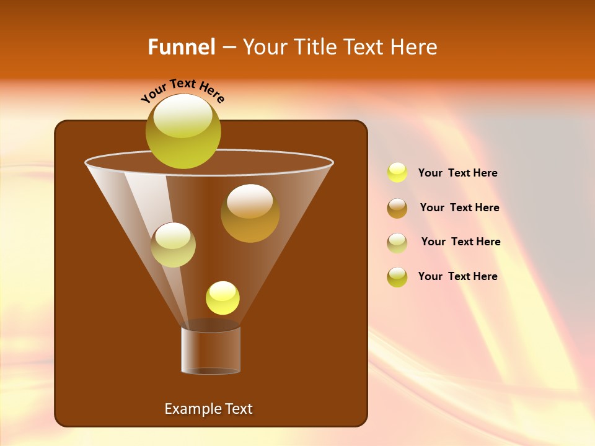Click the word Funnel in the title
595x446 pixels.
[181, 47]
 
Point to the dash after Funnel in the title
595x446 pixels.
[228, 47]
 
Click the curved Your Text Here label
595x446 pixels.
[182, 90]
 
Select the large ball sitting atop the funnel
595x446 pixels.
[183, 131]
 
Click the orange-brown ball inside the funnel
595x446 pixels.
[250, 213]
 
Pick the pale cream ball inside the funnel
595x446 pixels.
[173, 245]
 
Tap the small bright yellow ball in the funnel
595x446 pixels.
[223, 298]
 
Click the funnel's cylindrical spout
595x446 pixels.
[211, 350]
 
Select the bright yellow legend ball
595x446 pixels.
[397, 173]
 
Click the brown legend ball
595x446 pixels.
[397, 208]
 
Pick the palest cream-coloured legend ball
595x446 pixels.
[397, 243]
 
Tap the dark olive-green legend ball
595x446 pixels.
[397, 277]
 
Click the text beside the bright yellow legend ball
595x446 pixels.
[457, 173]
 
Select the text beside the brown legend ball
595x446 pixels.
[459, 208]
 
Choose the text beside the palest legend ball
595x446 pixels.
[461, 242]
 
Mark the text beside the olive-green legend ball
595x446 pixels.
[457, 276]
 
